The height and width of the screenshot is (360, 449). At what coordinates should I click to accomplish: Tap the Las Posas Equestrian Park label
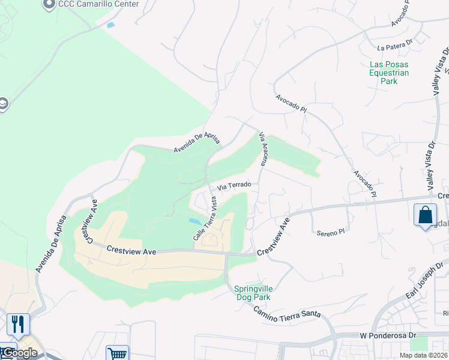pyautogui.click(x=389, y=73)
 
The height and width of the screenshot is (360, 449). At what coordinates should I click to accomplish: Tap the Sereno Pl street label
pyautogui.click(x=331, y=230)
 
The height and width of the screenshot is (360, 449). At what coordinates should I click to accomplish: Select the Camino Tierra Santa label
pyautogui.click(x=287, y=312)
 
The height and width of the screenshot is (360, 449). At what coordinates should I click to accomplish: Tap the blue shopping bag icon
pyautogui.click(x=425, y=214)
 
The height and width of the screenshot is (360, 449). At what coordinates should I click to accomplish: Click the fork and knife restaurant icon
pyautogui.click(x=18, y=324)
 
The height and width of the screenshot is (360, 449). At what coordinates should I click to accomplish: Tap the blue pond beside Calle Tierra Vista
pyautogui.click(x=196, y=221)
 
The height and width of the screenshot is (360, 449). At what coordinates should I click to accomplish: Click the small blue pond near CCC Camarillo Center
pyautogui.click(x=110, y=25)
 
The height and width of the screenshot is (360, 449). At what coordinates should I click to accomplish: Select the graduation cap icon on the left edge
pyautogui.click(x=3, y=104)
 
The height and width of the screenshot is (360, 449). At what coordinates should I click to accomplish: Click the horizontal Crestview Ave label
pyautogui.click(x=131, y=250)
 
